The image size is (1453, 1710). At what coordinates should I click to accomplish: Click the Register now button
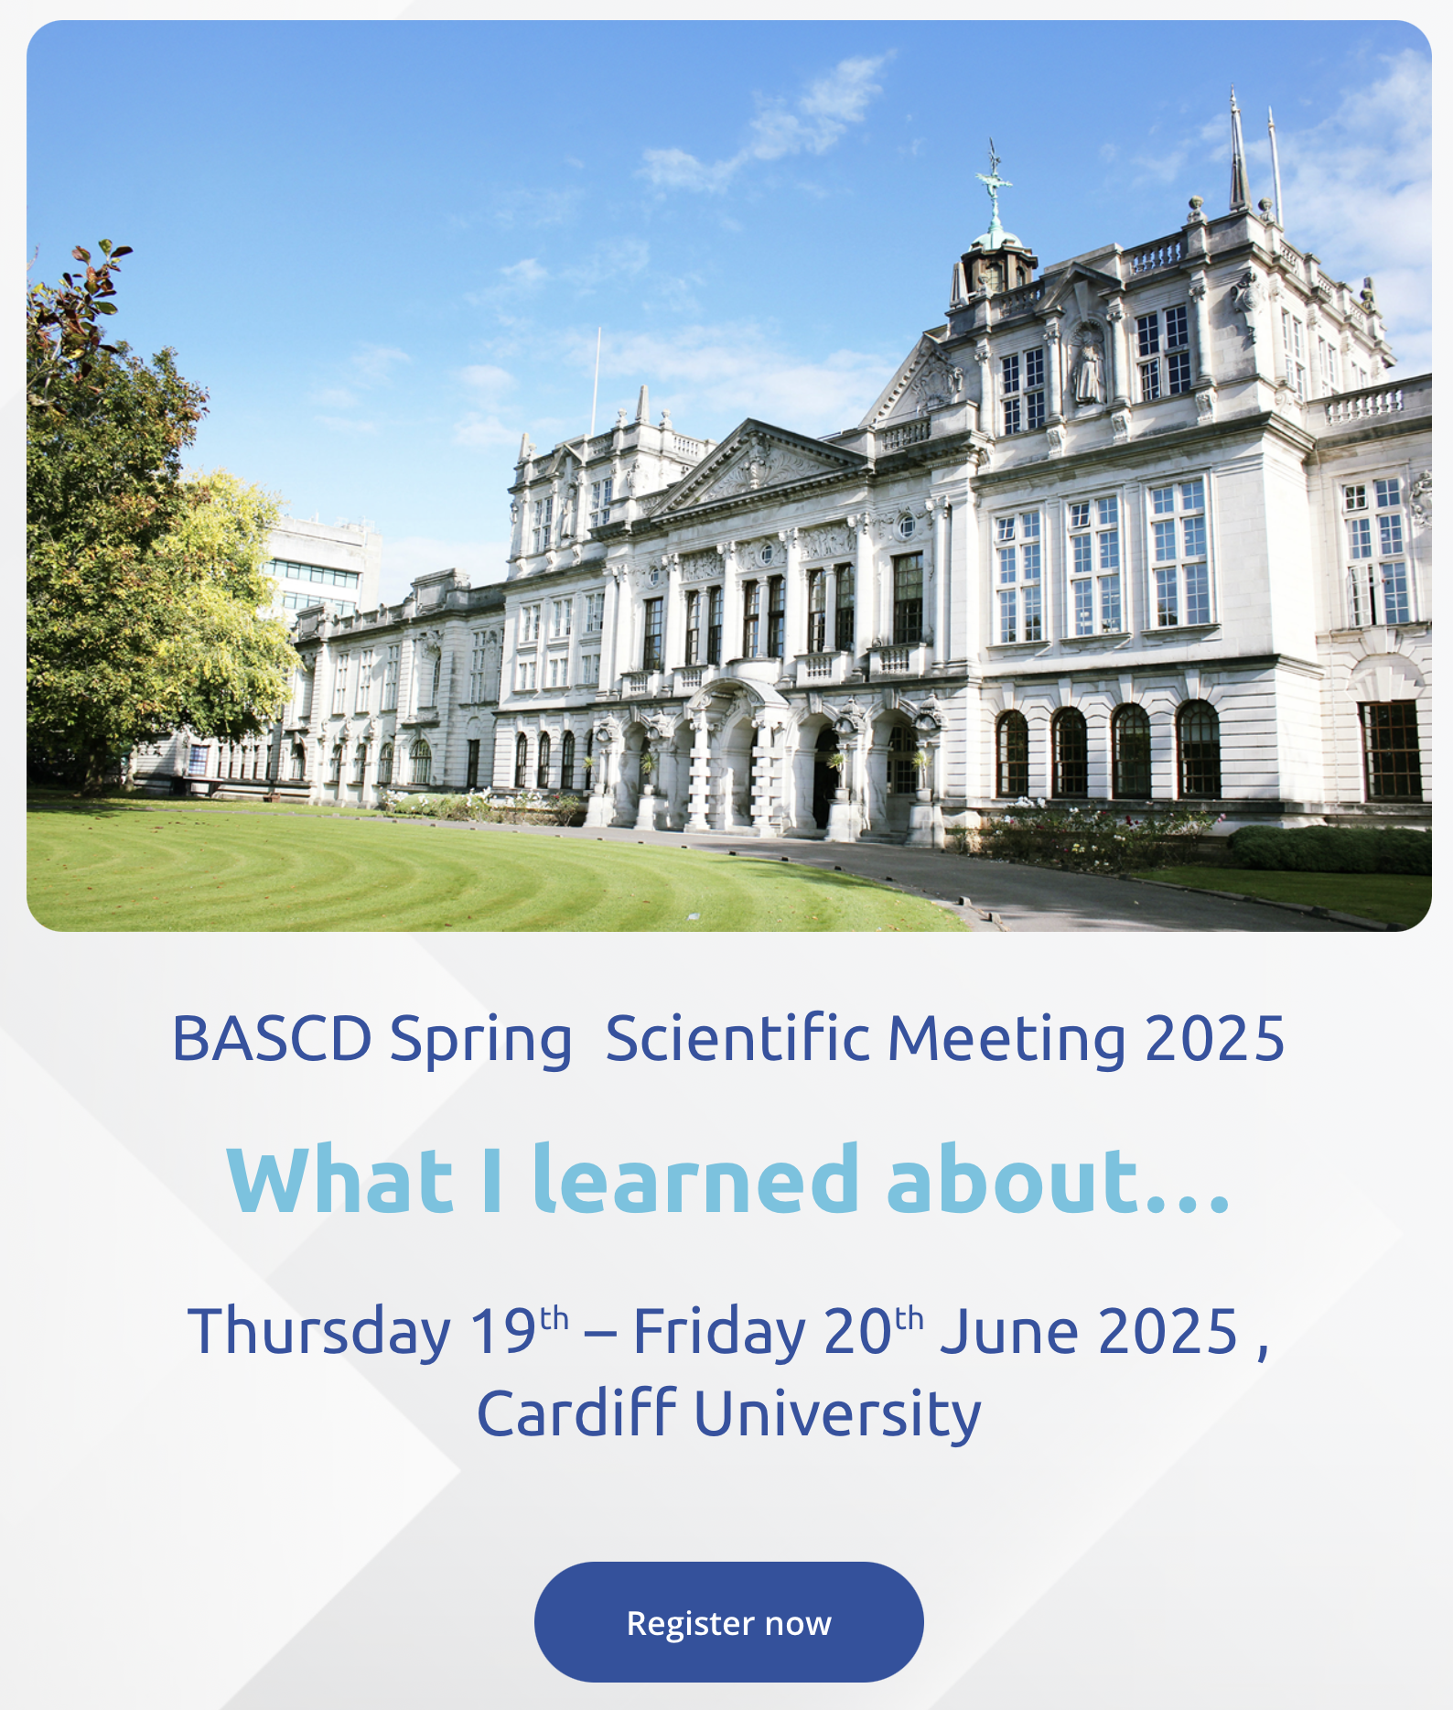pos(728,1622)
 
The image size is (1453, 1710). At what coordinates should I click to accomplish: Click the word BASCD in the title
pos(272,1039)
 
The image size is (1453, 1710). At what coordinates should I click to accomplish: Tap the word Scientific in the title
pos(737,1038)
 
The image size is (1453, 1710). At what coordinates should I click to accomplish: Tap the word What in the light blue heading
pos(339,1181)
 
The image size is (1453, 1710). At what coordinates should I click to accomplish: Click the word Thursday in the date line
pos(319,1333)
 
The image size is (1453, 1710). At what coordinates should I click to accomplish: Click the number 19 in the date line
pos(502,1331)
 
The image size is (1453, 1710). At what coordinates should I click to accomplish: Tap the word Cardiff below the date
pos(576,1413)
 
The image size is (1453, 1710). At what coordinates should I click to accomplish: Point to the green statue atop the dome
pos(994,188)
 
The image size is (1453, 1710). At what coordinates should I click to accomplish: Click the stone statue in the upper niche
pos(1087,366)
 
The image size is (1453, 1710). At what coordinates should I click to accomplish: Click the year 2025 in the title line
pos(1215,1039)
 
